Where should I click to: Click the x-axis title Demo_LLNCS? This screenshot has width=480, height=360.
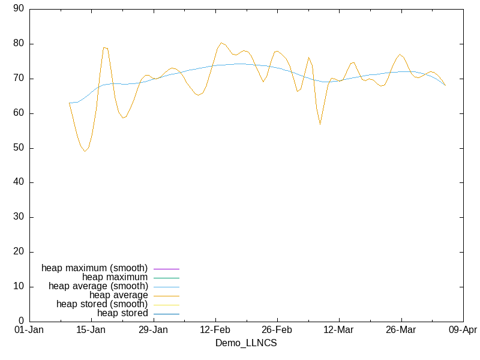point(246,343)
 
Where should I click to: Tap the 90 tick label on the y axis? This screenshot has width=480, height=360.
point(18,9)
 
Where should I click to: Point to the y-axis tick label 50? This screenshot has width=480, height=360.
point(18,148)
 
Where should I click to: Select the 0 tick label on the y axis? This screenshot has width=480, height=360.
point(21,322)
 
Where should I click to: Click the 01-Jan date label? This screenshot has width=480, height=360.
point(29,330)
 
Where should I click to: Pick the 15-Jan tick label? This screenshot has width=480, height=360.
point(91,330)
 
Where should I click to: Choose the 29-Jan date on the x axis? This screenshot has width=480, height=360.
point(153,330)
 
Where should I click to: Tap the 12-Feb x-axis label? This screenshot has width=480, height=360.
point(215,330)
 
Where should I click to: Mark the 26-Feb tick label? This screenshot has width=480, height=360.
point(277,330)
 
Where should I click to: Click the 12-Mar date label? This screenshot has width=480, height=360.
point(338,330)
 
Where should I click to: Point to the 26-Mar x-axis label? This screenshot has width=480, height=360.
point(400,330)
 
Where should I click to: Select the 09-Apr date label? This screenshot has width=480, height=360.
point(462,330)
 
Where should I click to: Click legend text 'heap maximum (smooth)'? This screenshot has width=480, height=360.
point(94,268)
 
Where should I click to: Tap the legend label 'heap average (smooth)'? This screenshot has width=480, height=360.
point(98,286)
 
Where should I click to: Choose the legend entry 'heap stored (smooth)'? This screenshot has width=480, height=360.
point(102,304)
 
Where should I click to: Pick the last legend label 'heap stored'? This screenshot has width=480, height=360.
point(122,313)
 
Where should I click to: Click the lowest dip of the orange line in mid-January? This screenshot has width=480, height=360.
point(85,151)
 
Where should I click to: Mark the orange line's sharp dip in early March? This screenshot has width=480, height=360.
point(320,124)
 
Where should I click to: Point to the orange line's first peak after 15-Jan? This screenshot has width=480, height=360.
point(104,47)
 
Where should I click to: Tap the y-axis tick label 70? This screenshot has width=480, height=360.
point(18,79)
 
